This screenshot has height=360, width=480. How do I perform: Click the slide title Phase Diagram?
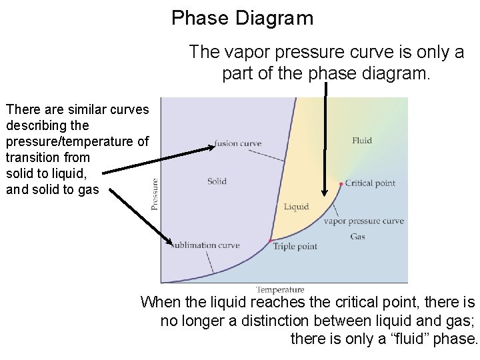242,18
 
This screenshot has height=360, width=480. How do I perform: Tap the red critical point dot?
341,183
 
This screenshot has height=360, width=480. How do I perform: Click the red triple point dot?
271,240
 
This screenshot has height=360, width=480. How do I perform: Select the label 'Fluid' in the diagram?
362,140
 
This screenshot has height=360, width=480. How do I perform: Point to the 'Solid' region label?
217,181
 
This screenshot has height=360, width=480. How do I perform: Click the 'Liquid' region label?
296,207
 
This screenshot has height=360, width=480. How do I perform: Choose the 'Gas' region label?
357,236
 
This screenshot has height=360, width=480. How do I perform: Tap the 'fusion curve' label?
238,143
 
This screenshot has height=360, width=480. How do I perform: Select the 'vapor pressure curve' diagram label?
363,221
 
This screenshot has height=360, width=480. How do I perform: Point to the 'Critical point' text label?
371,183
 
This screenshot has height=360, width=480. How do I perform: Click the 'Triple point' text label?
295,247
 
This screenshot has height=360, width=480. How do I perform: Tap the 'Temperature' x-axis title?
280,290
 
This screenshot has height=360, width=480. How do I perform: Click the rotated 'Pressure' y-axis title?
155,193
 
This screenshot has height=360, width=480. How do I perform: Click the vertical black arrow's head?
325,191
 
